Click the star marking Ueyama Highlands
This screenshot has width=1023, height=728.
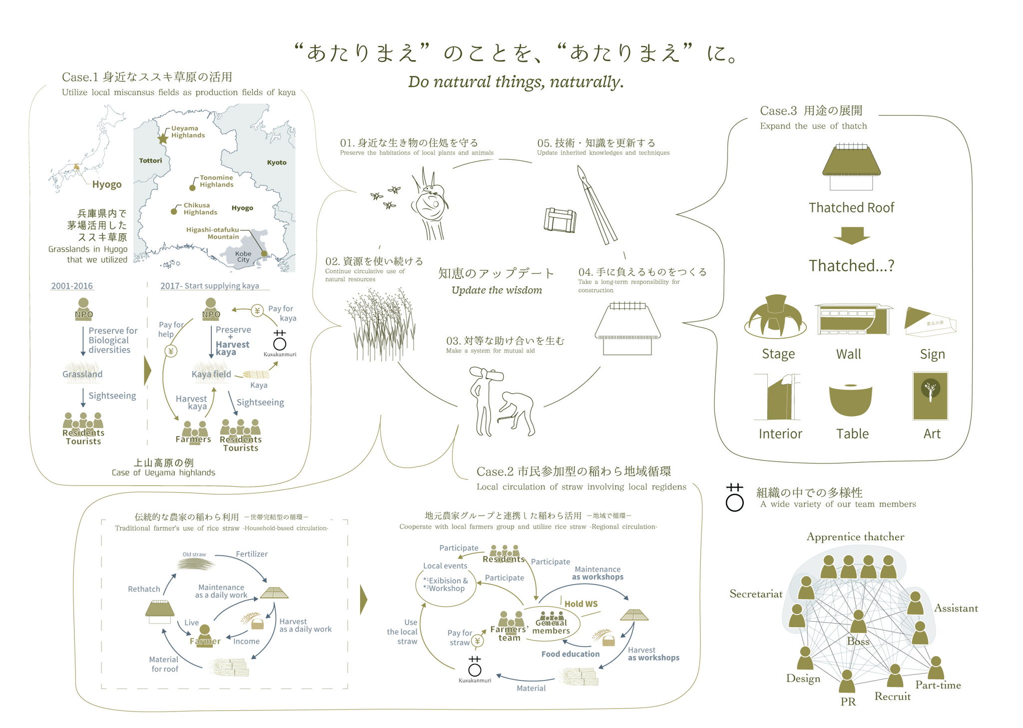tap(163, 138)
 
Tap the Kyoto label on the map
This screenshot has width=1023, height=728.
tap(276, 162)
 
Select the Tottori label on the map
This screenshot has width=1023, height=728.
tap(150, 160)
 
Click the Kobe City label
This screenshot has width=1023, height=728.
tap(243, 257)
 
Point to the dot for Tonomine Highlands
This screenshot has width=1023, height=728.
tap(192, 188)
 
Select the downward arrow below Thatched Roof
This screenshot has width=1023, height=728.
tap(851, 235)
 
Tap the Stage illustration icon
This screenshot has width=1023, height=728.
tap(775, 317)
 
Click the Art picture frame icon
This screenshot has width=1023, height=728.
tap(930, 396)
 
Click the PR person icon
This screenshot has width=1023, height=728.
tap(847, 682)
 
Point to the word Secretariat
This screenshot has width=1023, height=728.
tap(756, 594)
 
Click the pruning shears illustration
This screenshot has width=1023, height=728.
tap(596, 205)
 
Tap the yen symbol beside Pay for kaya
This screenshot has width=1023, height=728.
tap(257, 311)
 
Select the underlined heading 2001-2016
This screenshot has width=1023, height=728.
tap(72, 286)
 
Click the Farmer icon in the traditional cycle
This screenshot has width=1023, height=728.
tap(204, 634)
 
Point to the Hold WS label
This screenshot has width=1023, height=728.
tap(580, 604)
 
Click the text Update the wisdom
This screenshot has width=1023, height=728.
tap(497, 290)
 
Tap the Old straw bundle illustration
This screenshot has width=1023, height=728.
tap(196, 564)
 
